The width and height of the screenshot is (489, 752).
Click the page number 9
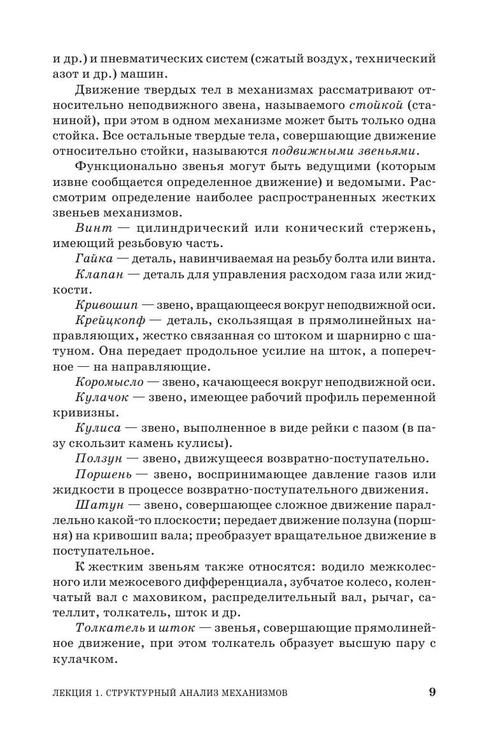(x=432, y=693)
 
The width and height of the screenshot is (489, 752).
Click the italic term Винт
(x=93, y=227)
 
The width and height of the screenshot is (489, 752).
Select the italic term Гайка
(x=94, y=258)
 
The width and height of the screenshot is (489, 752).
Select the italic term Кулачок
(x=103, y=397)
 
